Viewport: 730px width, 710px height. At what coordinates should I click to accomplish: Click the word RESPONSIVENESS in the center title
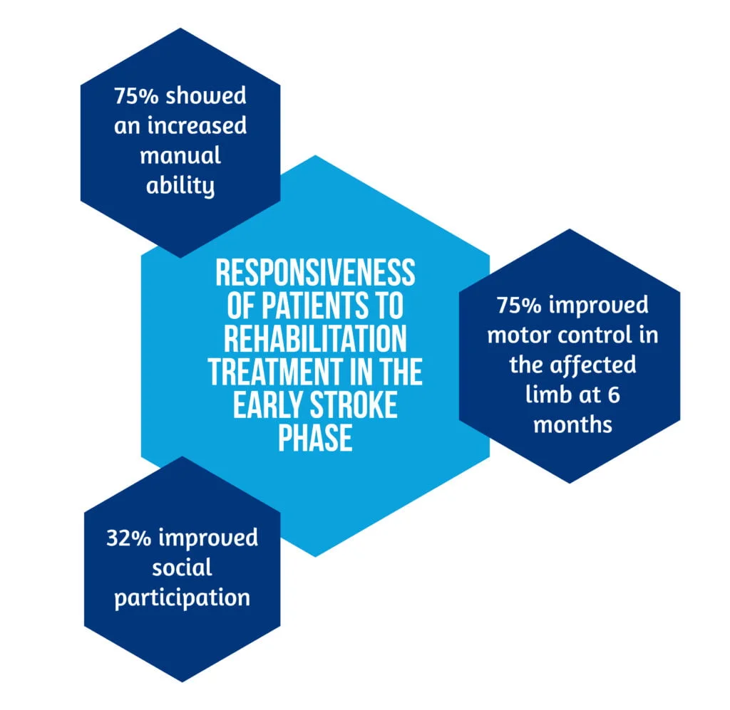(x=315, y=272)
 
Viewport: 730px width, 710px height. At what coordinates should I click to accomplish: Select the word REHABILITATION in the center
(x=315, y=339)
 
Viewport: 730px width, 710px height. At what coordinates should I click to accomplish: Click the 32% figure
(x=129, y=537)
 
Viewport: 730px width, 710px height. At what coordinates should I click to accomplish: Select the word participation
(x=182, y=597)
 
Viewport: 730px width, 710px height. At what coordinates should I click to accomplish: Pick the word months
(x=572, y=424)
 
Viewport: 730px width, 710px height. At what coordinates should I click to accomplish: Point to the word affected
(x=591, y=364)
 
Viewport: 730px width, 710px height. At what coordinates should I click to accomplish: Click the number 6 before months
(x=614, y=394)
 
